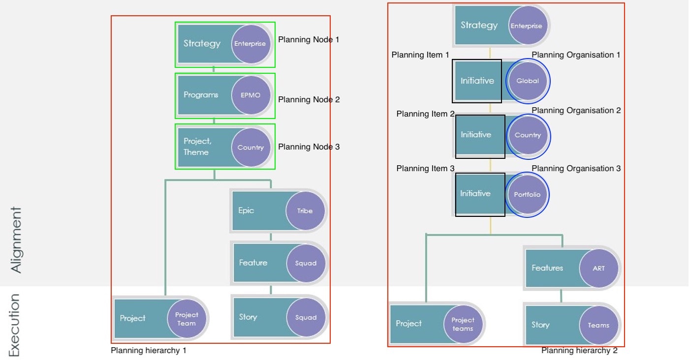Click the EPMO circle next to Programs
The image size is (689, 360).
coord(251,95)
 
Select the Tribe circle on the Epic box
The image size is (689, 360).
coord(305,211)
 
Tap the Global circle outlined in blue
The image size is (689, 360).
coord(528,81)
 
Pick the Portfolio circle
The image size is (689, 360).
coord(527,195)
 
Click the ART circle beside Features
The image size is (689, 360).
coord(598,269)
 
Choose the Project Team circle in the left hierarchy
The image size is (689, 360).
coord(187,319)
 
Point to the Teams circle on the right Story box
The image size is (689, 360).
coord(598,325)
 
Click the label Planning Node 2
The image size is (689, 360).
coord(309,100)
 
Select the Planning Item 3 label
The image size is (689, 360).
coord(425,169)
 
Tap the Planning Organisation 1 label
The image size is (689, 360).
coord(576,55)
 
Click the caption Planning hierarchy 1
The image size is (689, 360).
coord(149,351)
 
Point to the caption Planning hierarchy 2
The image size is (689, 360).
coord(579,351)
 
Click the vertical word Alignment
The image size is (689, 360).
coord(16,240)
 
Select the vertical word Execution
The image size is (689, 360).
coord(15,325)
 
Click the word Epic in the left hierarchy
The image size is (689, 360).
coord(246,210)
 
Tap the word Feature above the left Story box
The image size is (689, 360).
coord(253,263)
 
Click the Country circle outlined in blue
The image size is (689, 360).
coord(528,135)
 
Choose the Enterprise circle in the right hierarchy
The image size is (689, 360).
coord(526,26)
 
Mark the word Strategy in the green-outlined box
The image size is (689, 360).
coord(202,44)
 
